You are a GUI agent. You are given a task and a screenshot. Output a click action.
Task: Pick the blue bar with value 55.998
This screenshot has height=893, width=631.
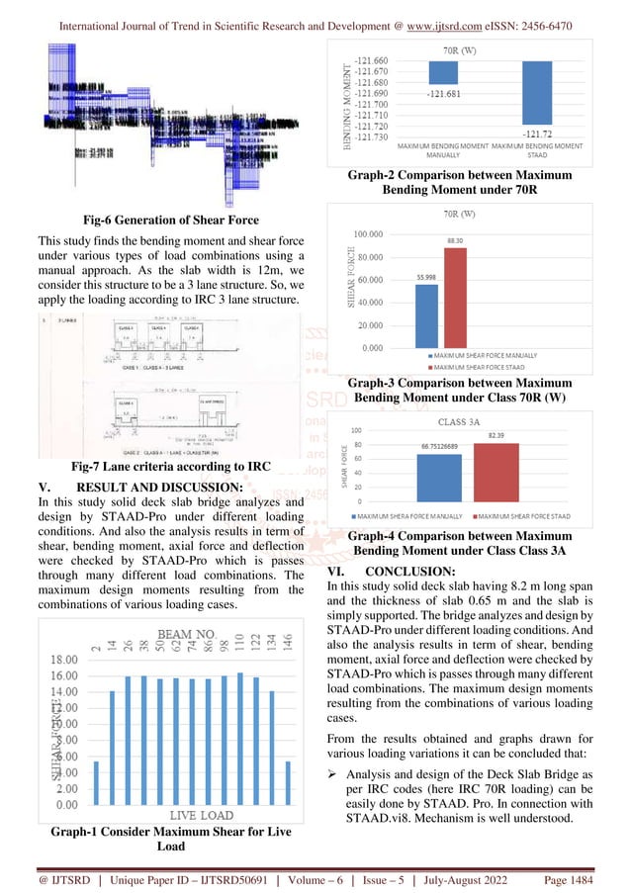426,315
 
